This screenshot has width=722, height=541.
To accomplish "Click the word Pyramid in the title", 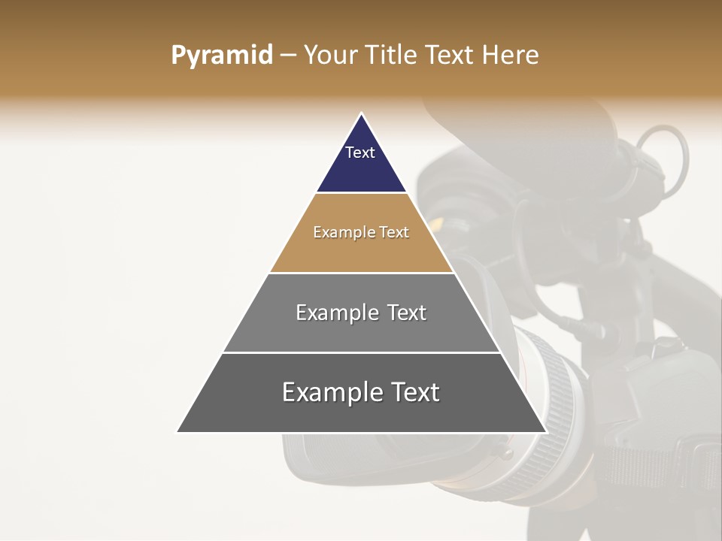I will coord(221,56).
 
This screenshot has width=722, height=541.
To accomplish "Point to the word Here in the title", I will coord(511,56).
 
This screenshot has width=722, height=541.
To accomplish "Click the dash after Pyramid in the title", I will coord(288,56).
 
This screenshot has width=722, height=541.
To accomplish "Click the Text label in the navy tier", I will coord(360,153).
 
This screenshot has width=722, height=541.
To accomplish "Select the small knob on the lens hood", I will coord(502,452).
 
